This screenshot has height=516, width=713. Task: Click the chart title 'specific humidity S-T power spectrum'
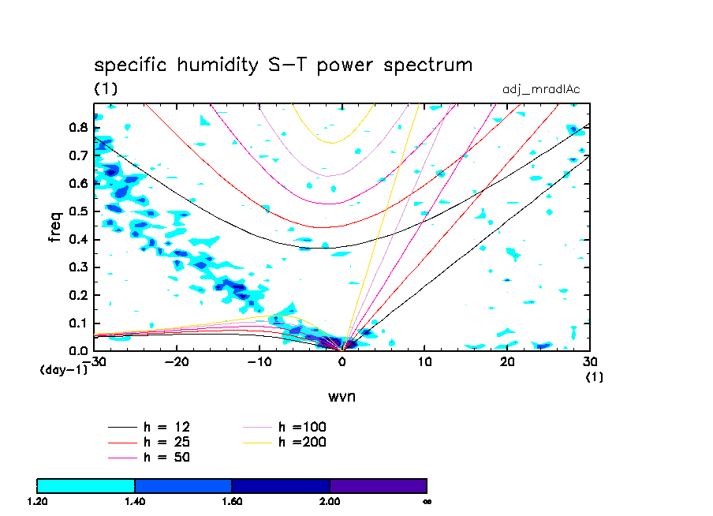283,65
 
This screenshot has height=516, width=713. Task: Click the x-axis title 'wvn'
342,395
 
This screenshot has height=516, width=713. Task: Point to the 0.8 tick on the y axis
79,127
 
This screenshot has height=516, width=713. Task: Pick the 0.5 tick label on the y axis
79,211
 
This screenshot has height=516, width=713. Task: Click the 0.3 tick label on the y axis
79,267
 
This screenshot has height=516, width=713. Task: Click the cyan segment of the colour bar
86,485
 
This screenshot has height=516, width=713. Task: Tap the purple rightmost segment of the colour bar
378,485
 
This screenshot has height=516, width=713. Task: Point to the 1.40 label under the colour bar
135,501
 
